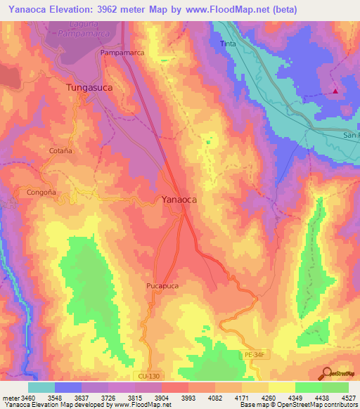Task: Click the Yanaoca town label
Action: click(179, 200)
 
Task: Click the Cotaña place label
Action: click(60, 151)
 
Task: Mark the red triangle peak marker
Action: click(336, 90)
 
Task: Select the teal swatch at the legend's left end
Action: click(41, 387)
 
